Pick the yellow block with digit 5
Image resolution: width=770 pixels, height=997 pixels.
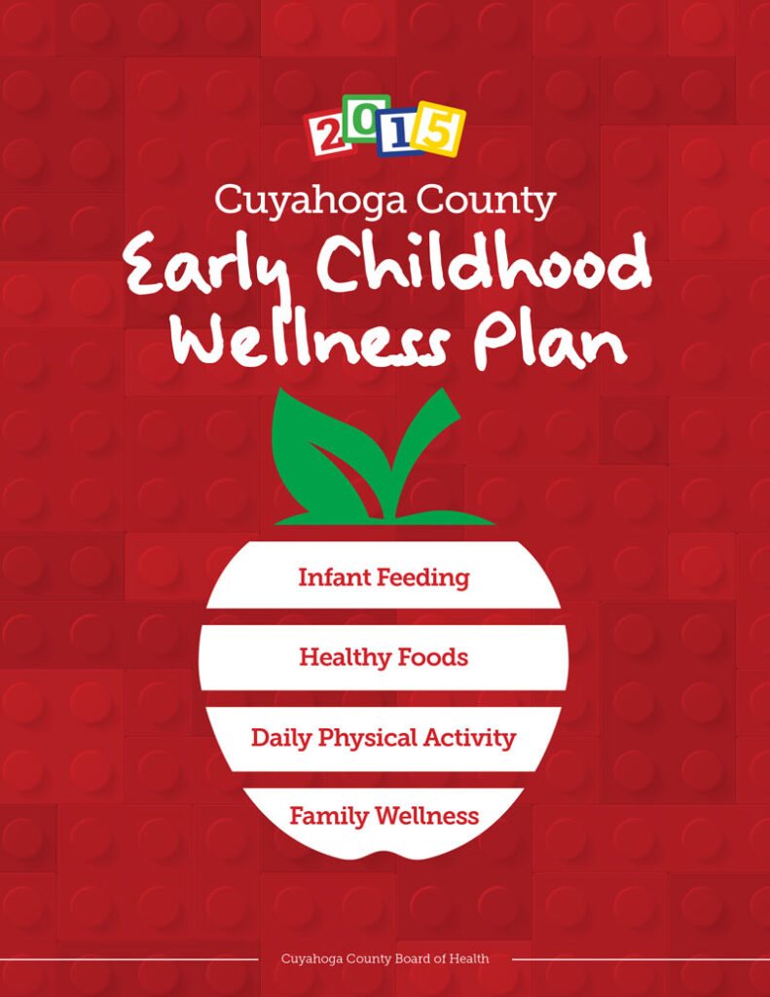[x=438, y=128]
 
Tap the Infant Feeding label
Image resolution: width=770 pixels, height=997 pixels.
[x=384, y=577]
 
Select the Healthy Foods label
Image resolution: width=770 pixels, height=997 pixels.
[x=384, y=658]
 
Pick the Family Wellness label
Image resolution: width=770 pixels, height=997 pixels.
[x=384, y=816]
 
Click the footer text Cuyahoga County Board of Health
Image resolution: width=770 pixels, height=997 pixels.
[x=385, y=959]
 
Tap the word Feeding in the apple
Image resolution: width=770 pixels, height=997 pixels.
[x=423, y=578]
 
